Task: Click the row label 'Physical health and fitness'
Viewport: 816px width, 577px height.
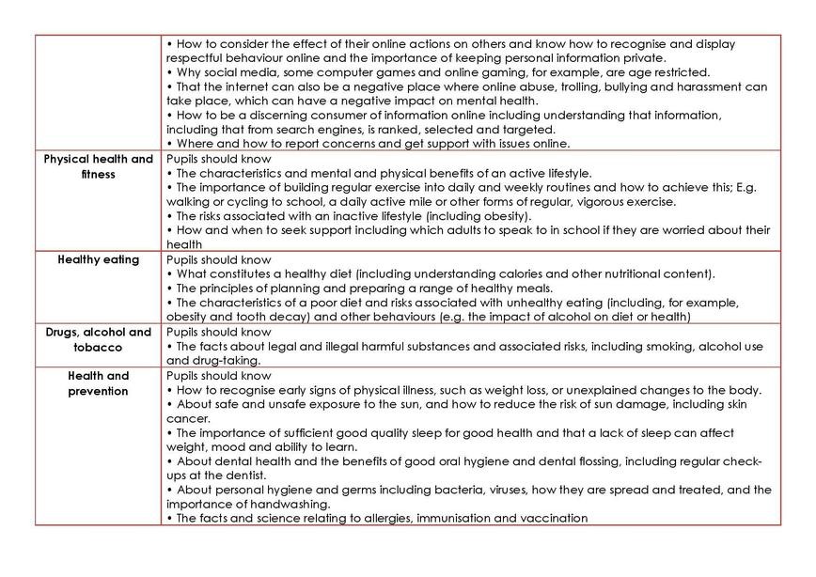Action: pos(99,166)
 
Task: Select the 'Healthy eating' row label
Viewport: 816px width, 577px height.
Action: pos(99,259)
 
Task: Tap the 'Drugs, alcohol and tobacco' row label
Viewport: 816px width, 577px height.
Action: pos(99,339)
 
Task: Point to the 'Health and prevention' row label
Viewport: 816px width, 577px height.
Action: pos(99,382)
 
